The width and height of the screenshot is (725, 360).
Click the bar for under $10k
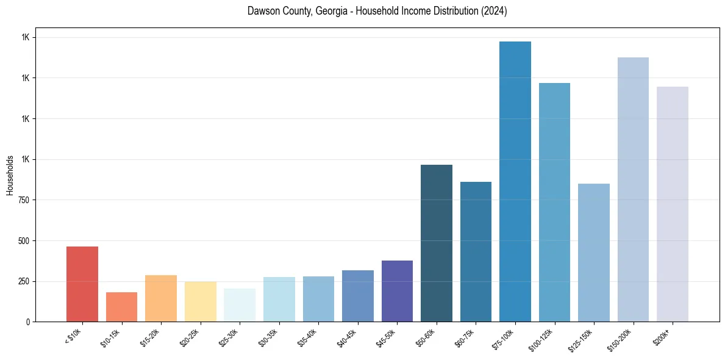click(82, 284)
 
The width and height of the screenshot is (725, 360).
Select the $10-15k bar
click(121, 307)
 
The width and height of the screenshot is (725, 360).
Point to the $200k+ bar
click(673, 204)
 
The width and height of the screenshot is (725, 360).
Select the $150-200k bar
click(633, 189)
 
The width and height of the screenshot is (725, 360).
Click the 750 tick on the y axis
click(24, 200)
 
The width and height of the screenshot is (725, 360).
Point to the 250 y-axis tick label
click(24, 281)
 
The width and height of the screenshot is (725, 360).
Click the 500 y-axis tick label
click(24, 240)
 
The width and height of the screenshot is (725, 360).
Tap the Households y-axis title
click(10, 175)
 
